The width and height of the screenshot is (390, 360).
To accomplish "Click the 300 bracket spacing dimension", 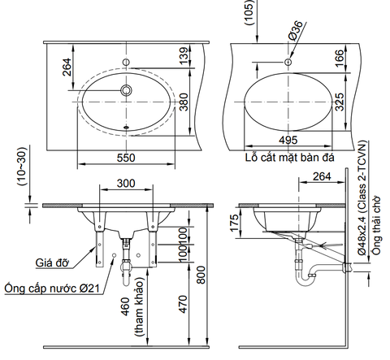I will [x=125, y=184].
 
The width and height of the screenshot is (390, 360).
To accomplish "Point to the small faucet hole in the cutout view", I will [x=288, y=62].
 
